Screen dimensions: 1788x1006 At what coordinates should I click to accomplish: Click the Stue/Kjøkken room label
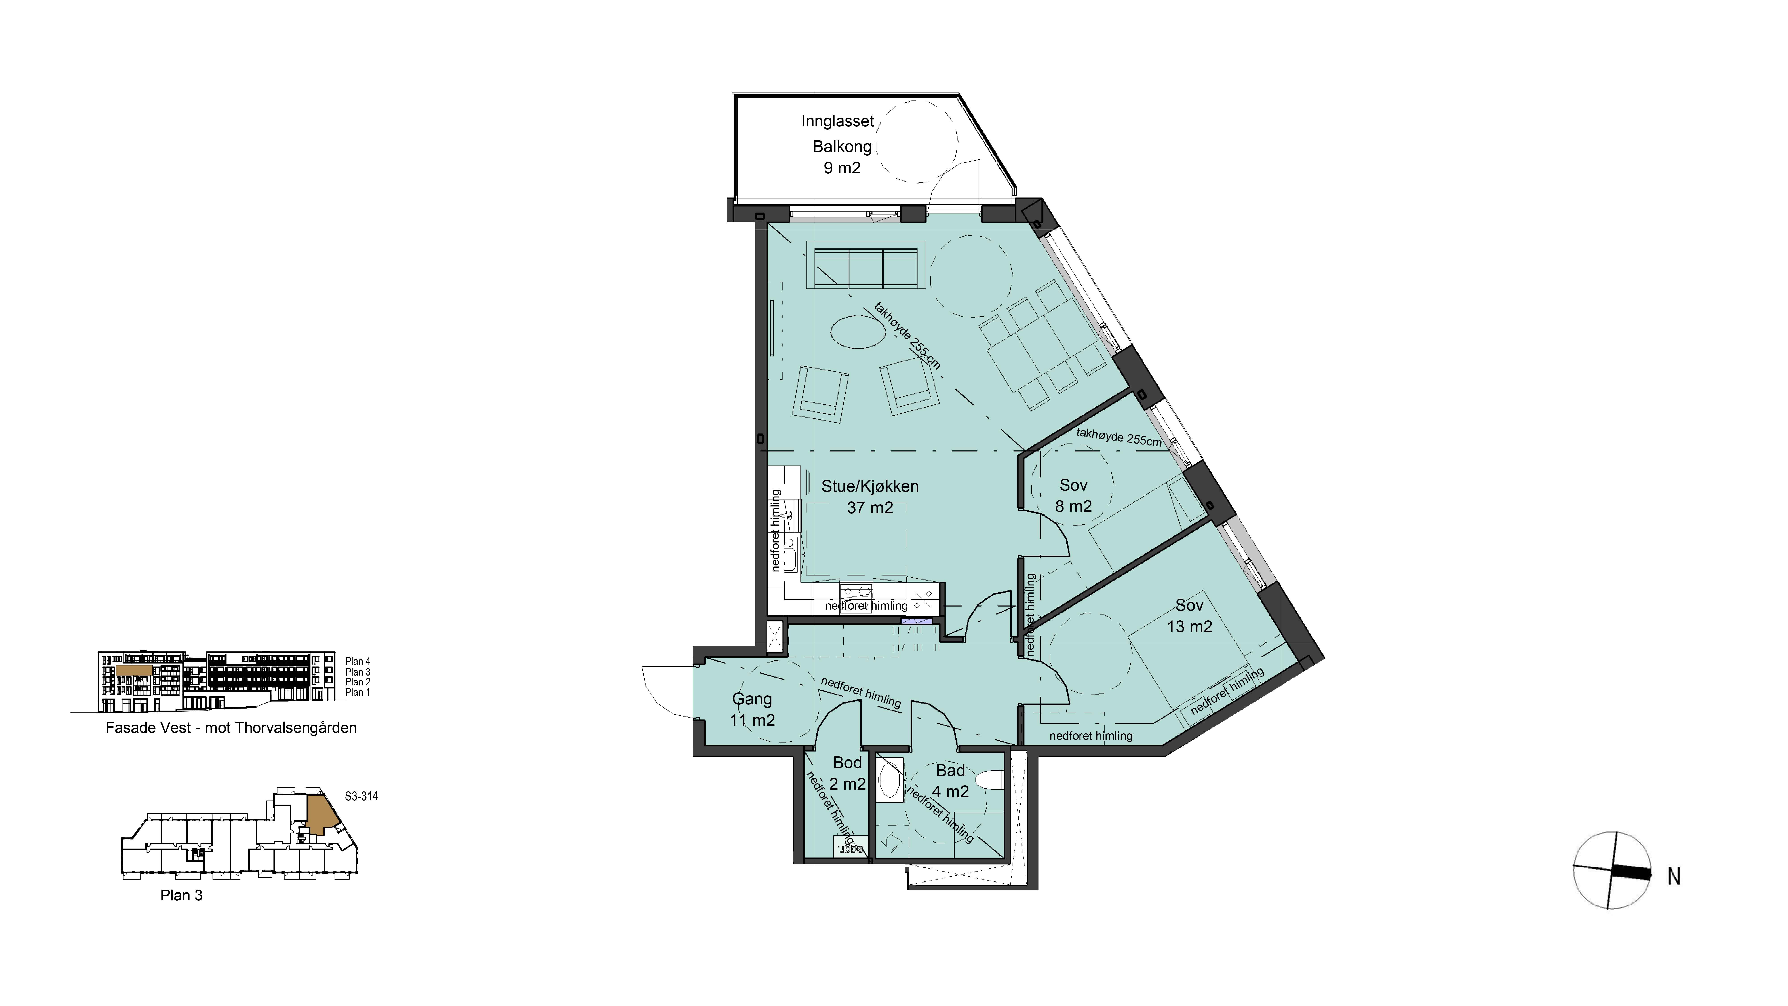point(870,486)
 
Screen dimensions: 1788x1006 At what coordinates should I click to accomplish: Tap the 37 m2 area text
point(870,507)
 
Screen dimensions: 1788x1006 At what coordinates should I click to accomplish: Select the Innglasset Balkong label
point(838,133)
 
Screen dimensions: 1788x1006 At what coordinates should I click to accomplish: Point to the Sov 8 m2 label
point(1073,496)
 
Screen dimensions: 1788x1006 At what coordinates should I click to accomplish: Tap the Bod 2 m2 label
point(848,773)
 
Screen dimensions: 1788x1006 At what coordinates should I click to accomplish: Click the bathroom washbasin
point(889,781)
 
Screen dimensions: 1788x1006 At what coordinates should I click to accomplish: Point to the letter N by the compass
point(1674,877)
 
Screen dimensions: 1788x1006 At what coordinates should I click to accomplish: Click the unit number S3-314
point(361,796)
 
